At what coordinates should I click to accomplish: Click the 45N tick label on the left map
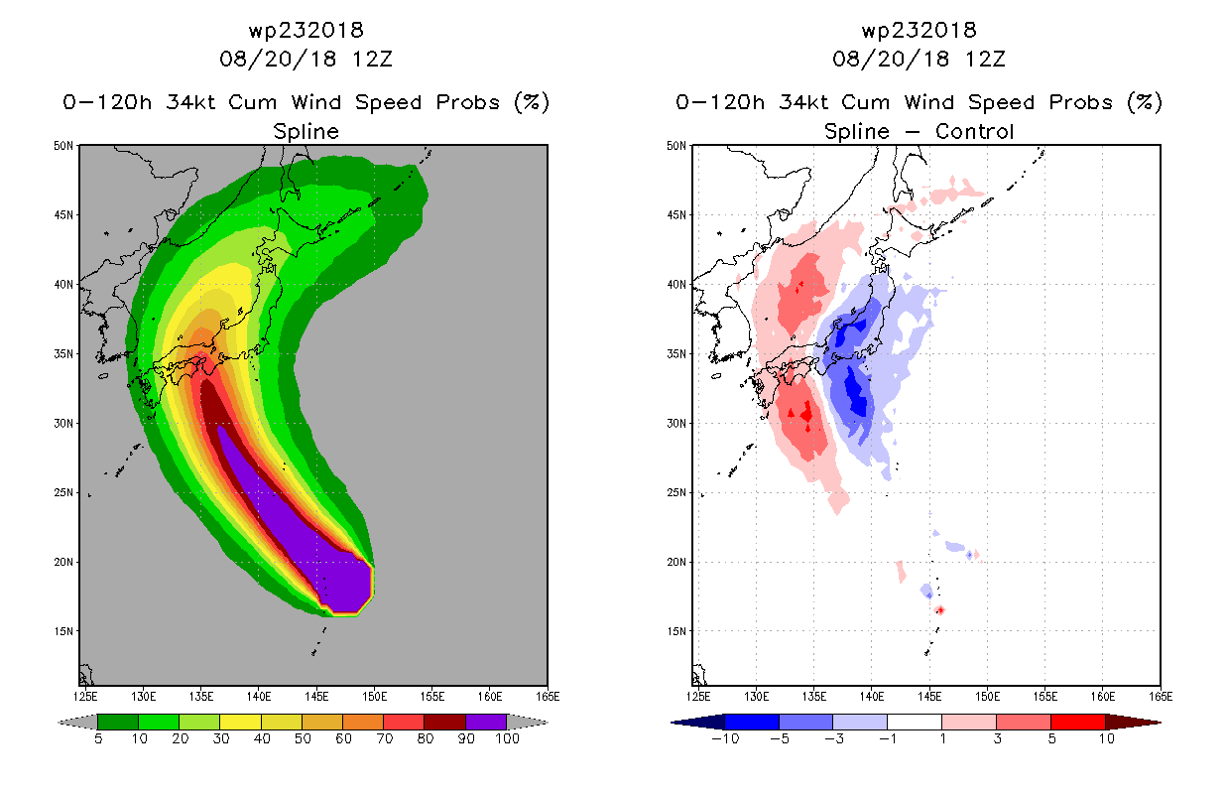coord(62,215)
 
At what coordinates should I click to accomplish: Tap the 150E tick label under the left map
coord(374,697)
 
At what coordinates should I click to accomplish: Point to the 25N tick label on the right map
coord(675,493)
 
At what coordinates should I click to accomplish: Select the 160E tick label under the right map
coord(1102,697)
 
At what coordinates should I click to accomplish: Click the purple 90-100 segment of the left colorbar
coord(486,722)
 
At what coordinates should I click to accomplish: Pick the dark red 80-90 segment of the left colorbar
coord(445,722)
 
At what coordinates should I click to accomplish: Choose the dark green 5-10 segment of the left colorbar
coord(118,722)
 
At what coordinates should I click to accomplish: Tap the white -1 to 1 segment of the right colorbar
coord(915,722)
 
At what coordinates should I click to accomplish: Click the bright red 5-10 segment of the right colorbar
coord(1078,722)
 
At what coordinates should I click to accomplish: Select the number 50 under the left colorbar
coord(303,738)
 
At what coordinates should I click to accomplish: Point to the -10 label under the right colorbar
coord(725,738)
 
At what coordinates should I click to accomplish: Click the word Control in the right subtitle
coord(974,131)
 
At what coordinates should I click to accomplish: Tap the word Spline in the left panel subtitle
coord(306,132)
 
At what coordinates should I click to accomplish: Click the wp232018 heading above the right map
coord(919,30)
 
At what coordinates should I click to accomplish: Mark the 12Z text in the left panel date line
coord(372,59)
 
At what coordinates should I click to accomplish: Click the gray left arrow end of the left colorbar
coord(77,722)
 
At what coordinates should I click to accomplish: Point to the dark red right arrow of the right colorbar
coord(1133,722)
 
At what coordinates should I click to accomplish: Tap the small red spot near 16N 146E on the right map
coord(940,610)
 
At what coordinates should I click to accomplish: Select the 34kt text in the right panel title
coord(804,102)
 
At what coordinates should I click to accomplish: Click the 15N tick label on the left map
coord(62,631)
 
